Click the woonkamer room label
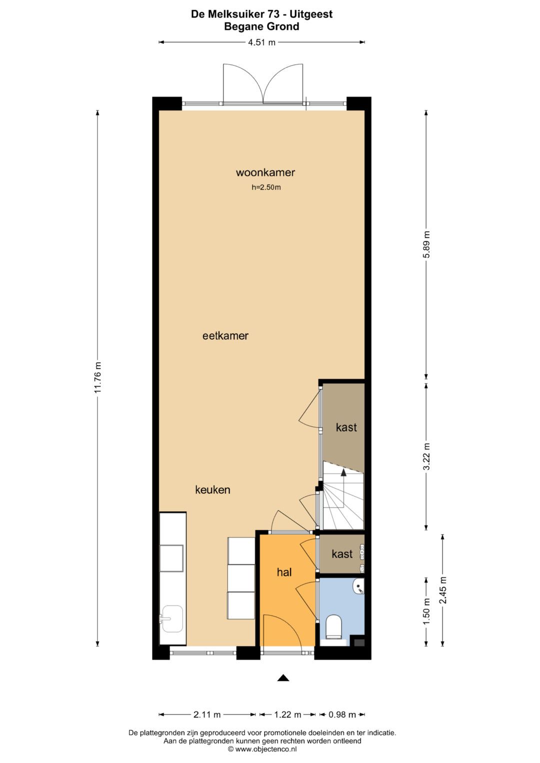pyautogui.click(x=265, y=172)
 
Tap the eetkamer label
pyautogui.click(x=225, y=336)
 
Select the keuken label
pyautogui.click(x=212, y=490)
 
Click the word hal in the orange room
pyautogui.click(x=284, y=572)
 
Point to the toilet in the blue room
pyautogui.click(x=333, y=626)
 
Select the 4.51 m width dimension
pyautogui.click(x=261, y=42)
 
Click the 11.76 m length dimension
pyautogui.click(x=98, y=377)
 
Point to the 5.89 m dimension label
pyautogui.click(x=426, y=244)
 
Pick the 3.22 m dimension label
pyautogui.click(x=426, y=457)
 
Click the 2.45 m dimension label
pyautogui.click(x=443, y=590)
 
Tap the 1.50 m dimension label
pyautogui.click(x=426, y=612)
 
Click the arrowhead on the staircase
pyautogui.click(x=343, y=472)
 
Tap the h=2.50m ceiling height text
pyautogui.click(x=266, y=187)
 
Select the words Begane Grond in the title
pyautogui.click(x=261, y=26)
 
